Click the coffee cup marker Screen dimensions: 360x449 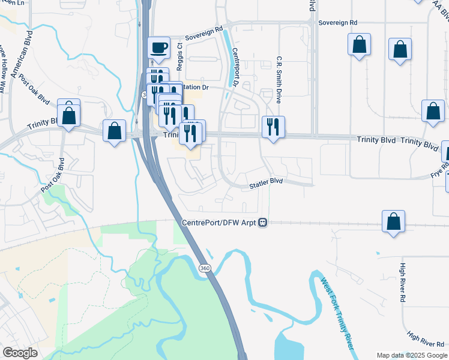coord(158,47)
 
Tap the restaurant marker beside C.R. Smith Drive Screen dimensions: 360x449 coord(273,127)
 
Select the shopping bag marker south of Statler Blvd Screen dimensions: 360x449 coord(393,221)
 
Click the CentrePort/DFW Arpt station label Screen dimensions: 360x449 coord(219,223)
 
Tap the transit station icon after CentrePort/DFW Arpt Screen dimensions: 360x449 coord(262,223)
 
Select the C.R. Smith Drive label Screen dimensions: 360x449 coord(279,78)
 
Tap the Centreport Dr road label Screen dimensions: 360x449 coord(235,66)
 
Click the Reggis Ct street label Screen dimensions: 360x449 coord(179,52)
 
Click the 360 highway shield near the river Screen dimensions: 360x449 coord(205,266)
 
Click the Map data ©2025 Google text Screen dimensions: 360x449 coord(411,355)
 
